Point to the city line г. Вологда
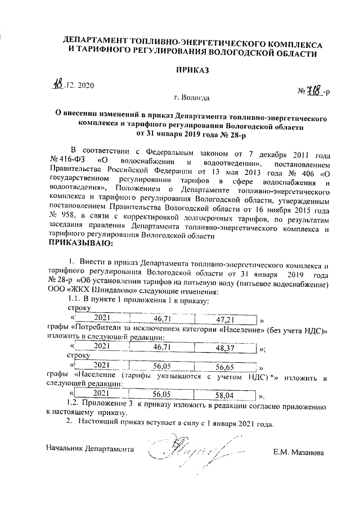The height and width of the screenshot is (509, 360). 192,97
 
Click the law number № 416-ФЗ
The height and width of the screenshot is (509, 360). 68,160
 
